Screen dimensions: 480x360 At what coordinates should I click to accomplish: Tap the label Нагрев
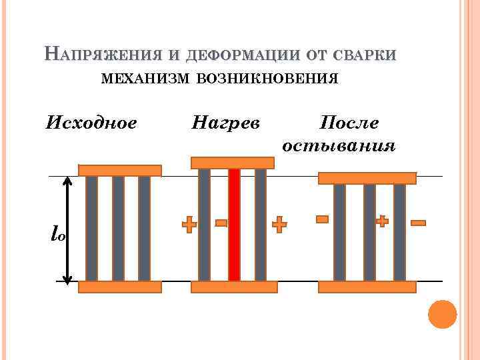coord(226,123)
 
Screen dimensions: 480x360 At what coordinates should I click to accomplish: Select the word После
coord(349,123)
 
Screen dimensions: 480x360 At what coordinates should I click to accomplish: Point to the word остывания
coord(339,145)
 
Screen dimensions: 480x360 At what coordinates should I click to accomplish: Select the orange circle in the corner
coord(442,314)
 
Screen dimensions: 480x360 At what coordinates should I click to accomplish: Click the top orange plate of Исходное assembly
coord(120,170)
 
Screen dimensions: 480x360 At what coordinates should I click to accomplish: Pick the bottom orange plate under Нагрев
coord(233,287)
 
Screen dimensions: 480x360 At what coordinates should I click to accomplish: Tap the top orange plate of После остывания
coord(367,178)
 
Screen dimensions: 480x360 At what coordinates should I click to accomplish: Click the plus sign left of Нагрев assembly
coord(190,225)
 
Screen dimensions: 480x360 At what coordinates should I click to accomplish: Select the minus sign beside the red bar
coord(221,223)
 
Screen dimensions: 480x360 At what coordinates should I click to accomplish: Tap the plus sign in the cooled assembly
coord(382,221)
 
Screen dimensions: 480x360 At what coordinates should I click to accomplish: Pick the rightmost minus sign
coord(418,223)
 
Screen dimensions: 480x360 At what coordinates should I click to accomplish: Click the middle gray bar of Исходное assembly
coord(118,229)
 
